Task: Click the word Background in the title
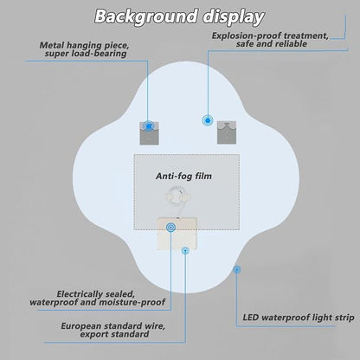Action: pyautogui.click(x=146, y=16)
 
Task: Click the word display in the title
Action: pyautogui.click(x=233, y=17)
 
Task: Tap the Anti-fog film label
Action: pyautogui.click(x=183, y=176)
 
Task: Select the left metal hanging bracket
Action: pyautogui.click(x=149, y=133)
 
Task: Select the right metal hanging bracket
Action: pyautogui.click(x=227, y=132)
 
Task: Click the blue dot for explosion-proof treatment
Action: pyautogui.click(x=208, y=120)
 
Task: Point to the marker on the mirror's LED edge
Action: pyautogui.click(x=237, y=270)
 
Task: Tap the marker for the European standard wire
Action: pyautogui.click(x=185, y=251)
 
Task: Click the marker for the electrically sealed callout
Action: pyautogui.click(x=170, y=228)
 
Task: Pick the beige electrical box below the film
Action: pyautogui.click(x=177, y=234)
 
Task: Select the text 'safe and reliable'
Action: pyautogui.click(x=272, y=44)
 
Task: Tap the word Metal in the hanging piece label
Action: pyautogui.click(x=52, y=45)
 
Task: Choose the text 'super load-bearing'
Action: pyautogui.click(x=86, y=54)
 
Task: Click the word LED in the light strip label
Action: pyautogui.click(x=251, y=318)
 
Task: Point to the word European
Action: pyautogui.click(x=81, y=326)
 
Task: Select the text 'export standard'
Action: pyautogui.click(x=114, y=334)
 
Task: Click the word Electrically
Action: pyautogui.click(x=80, y=294)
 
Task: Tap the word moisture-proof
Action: pyautogui.click(x=132, y=302)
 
